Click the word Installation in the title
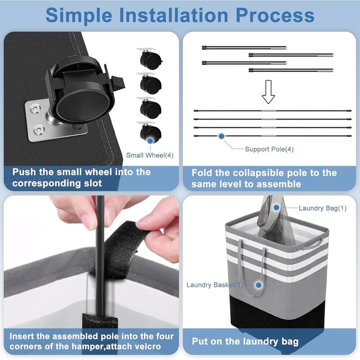click(174, 15)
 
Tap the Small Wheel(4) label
click(150, 155)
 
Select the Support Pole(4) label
click(269, 149)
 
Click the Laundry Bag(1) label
click(323, 208)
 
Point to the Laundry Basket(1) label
click(215, 285)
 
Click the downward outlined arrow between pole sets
click(268, 92)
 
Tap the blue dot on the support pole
click(221, 136)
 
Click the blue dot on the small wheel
click(150, 141)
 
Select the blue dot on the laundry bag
click(277, 207)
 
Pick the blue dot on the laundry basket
click(259, 285)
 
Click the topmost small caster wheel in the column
click(149, 58)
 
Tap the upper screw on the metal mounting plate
click(36, 108)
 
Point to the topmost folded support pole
click(244, 48)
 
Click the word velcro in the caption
click(148, 346)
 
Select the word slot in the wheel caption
click(93, 183)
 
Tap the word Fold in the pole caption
click(202, 173)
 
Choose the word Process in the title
click(275, 15)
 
